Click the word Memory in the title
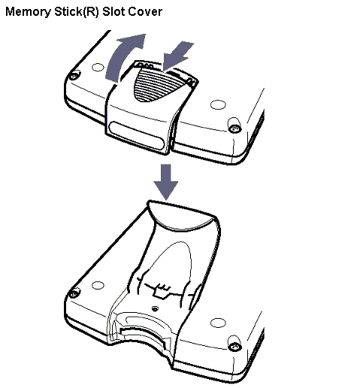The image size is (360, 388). click(28, 12)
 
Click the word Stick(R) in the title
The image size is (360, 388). click(77, 12)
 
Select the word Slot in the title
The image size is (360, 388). click(113, 11)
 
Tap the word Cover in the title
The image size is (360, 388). click(145, 11)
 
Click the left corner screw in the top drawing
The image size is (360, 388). click(74, 75)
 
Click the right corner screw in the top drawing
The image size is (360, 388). click(235, 129)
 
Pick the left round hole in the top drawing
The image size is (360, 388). click(98, 67)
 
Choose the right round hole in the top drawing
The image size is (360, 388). click(218, 105)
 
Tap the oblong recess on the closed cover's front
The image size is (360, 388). click(137, 135)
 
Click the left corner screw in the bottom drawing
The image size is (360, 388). click(74, 293)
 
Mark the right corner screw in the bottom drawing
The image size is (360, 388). click(235, 347)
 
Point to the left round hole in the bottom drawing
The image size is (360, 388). click(98, 285)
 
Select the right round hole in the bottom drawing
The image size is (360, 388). click(218, 323)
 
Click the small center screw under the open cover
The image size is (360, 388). click(156, 309)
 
